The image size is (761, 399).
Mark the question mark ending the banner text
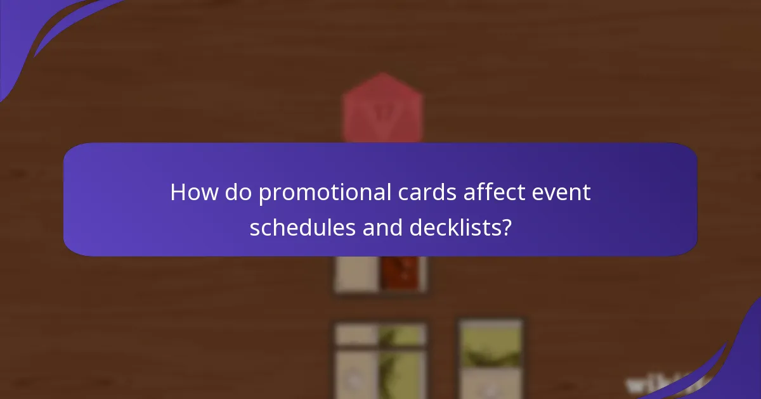[x=507, y=227]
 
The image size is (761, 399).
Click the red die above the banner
[x=382, y=108]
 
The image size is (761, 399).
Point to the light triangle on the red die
[x=382, y=114]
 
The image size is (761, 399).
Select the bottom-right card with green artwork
[x=491, y=358]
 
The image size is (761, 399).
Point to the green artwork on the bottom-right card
[x=491, y=349]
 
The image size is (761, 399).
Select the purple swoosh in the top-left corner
[x=38, y=32]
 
